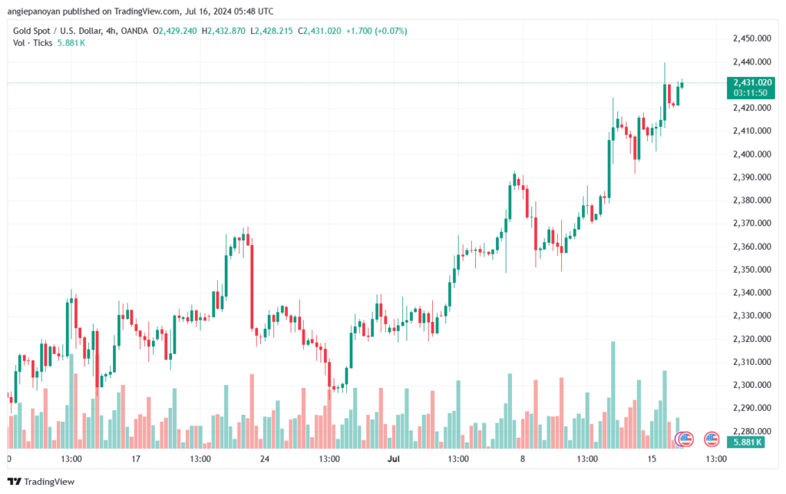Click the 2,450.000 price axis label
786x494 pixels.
(751, 38)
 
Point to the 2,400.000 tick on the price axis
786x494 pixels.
(751, 154)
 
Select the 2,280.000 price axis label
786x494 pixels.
(751, 431)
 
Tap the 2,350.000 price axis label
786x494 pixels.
(751, 270)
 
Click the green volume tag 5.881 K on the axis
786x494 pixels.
(746, 442)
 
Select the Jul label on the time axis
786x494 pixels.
(394, 459)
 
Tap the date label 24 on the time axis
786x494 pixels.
(265, 459)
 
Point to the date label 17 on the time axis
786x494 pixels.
(136, 459)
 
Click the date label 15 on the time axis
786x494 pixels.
(651, 459)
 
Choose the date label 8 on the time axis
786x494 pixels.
(523, 459)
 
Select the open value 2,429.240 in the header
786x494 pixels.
(178, 31)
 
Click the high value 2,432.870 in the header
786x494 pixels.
(226, 31)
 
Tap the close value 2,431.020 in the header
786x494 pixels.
(322, 31)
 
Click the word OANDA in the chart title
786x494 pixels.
(134, 31)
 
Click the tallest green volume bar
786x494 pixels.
(613, 395)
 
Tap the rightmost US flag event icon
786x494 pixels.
(712, 439)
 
